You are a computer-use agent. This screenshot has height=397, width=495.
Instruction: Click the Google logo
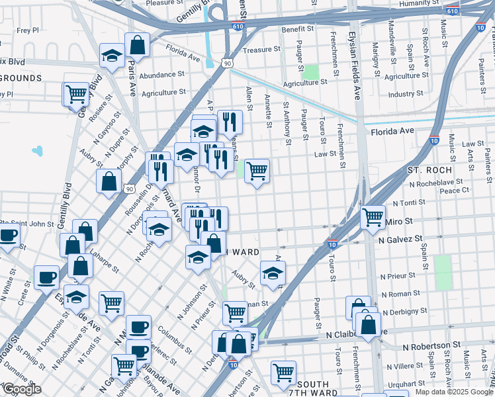point(22,390)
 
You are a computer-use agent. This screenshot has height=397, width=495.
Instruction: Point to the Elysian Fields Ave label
point(356,66)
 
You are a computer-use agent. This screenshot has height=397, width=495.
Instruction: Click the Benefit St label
point(297,29)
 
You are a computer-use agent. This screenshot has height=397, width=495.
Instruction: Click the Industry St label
point(406,95)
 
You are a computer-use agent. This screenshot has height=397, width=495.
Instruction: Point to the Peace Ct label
point(454,191)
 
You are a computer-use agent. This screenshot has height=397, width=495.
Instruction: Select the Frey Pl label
point(28,30)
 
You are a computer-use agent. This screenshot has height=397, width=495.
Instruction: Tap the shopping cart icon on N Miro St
point(373,216)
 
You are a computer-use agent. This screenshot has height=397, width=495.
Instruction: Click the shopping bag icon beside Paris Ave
point(137,46)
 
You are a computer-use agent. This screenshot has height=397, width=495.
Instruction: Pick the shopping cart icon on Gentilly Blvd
point(76,94)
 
